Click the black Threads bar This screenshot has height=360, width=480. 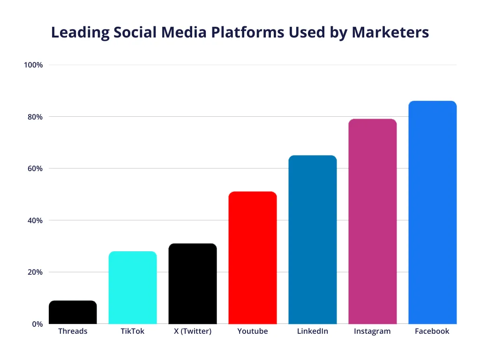click(x=73, y=312)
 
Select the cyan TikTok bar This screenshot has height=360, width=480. click(x=133, y=287)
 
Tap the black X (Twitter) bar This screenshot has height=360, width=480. click(x=193, y=284)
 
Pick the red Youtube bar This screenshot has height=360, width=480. click(x=253, y=258)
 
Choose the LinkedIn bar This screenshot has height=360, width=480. click(x=313, y=240)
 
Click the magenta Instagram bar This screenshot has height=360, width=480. click(x=373, y=221)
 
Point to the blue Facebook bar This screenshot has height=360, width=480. click(x=432, y=212)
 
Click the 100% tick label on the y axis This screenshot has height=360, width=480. click(x=33, y=65)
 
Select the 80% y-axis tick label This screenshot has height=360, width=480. click(x=35, y=117)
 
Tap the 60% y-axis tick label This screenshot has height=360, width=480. click(x=35, y=169)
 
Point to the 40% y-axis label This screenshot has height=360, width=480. click(x=35, y=220)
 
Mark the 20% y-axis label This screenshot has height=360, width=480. click(x=35, y=272)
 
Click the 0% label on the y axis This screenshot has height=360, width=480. click(x=37, y=324)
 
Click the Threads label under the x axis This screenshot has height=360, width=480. click(x=73, y=331)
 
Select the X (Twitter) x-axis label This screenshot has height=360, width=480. click(x=193, y=331)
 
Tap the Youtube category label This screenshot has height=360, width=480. click(x=253, y=331)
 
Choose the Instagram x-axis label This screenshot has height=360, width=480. click(x=372, y=331)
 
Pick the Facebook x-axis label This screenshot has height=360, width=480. click(x=432, y=331)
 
